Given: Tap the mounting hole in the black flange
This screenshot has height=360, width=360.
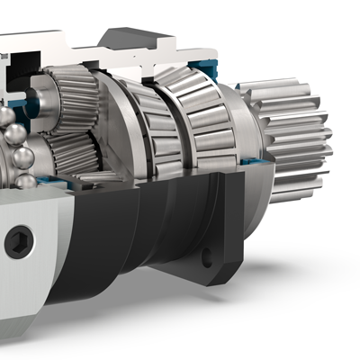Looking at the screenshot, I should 207,257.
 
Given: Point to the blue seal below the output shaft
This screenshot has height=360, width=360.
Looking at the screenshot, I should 255,163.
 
